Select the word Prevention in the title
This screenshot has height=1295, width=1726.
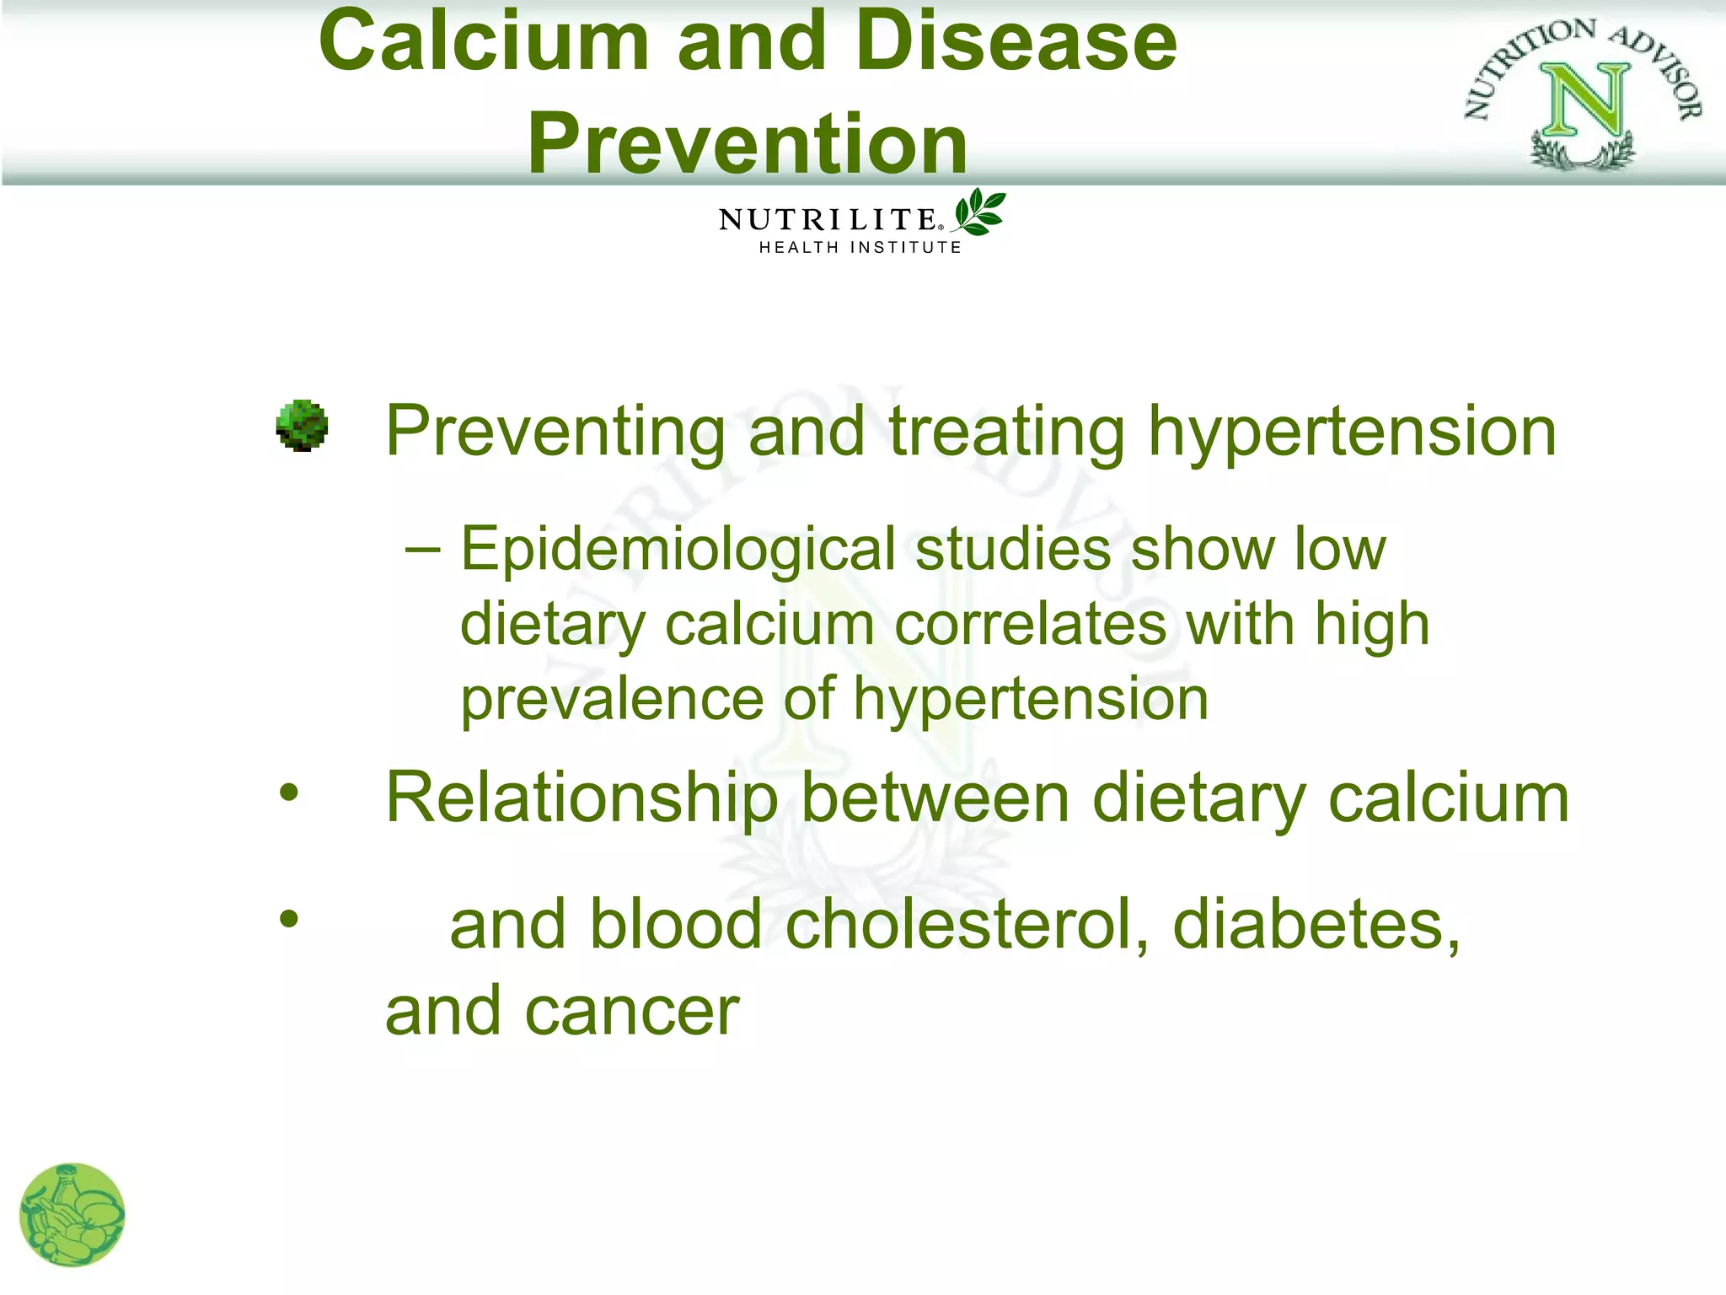748,145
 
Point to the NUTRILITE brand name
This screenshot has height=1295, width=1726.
828,220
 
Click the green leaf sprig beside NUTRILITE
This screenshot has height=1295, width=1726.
979,212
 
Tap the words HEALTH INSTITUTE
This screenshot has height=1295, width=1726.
860,248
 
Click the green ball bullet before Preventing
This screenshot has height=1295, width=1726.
302,426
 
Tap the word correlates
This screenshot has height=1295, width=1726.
1030,626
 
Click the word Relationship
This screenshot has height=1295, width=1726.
582,799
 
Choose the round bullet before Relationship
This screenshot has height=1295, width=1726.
289,793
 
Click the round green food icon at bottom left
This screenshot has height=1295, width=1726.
72,1215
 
